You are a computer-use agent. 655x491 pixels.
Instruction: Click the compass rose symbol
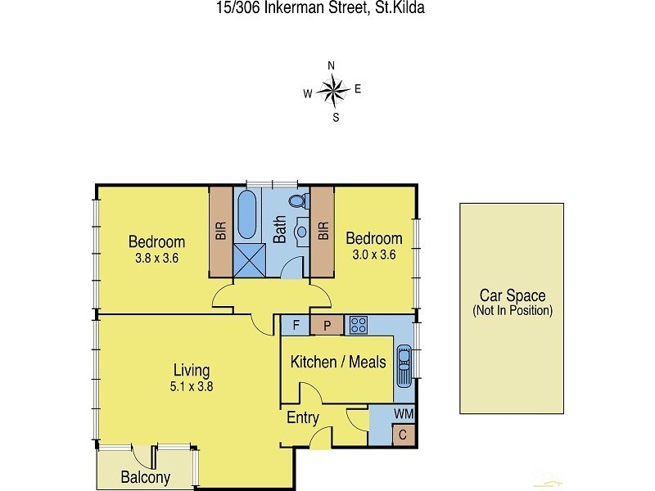tap(332, 90)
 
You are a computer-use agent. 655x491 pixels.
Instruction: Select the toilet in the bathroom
tap(297, 201)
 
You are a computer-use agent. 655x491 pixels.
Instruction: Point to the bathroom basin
tap(300, 232)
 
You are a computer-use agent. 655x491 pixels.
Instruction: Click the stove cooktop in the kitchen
tap(358, 325)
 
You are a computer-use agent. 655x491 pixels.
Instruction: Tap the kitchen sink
tap(404, 364)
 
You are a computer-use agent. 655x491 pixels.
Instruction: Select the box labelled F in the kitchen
tap(296, 326)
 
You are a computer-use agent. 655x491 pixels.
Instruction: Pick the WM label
tap(404, 414)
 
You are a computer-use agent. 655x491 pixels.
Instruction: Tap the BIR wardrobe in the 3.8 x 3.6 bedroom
tap(220, 232)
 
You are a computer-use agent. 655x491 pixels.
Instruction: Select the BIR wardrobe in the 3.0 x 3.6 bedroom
tap(323, 232)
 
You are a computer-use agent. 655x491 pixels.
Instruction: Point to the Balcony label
tap(145, 478)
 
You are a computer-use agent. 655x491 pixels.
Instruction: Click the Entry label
tap(302, 418)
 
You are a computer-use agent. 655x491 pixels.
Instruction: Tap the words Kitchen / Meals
tap(338, 362)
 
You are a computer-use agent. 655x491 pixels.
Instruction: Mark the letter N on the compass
tap(332, 65)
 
